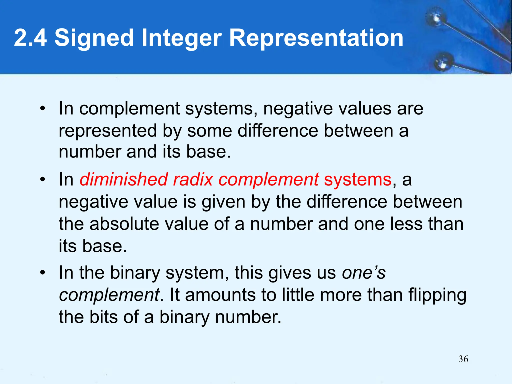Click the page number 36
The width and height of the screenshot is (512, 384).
coord(463,359)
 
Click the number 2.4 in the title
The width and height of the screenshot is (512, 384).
coord(30,38)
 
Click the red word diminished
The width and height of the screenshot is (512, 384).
coord(123,179)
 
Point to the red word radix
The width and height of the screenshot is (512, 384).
coord(193,179)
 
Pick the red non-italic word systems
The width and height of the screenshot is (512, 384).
coord(357,179)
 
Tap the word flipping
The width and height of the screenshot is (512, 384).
coord(437,295)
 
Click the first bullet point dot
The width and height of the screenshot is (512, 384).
coord(43,108)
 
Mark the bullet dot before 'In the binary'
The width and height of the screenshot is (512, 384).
coord(43,273)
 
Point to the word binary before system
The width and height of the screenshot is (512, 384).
coord(135,273)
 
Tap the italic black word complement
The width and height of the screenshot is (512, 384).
coord(109,295)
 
